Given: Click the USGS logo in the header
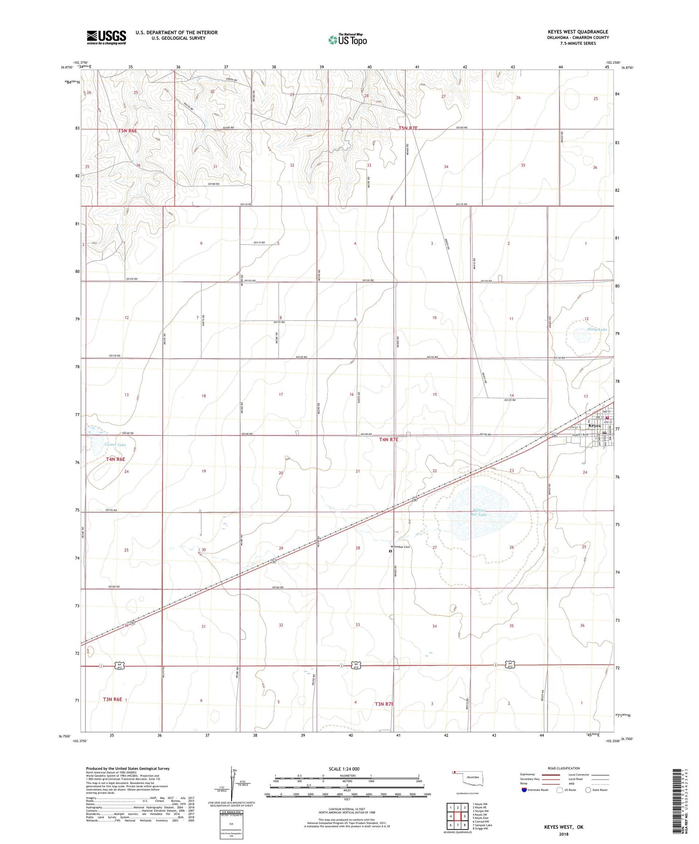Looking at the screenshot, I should click(106, 37).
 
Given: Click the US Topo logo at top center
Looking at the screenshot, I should click(348, 40).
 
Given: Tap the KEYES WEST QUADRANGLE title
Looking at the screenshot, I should click(578, 32).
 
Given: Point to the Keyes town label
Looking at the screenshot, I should click(595, 425).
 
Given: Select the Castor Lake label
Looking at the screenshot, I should click(115, 445).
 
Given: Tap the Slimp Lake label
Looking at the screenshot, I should click(597, 330).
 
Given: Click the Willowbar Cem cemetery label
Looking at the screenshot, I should click(400, 547).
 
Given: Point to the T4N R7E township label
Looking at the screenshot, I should click(389, 439).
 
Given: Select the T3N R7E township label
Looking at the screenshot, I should click(384, 704).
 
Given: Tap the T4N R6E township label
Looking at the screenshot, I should click(116, 459).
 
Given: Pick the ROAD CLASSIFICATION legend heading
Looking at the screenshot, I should click(564, 768).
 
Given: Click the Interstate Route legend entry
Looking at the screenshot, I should click(535, 790).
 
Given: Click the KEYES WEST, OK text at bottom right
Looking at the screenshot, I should click(563, 827).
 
